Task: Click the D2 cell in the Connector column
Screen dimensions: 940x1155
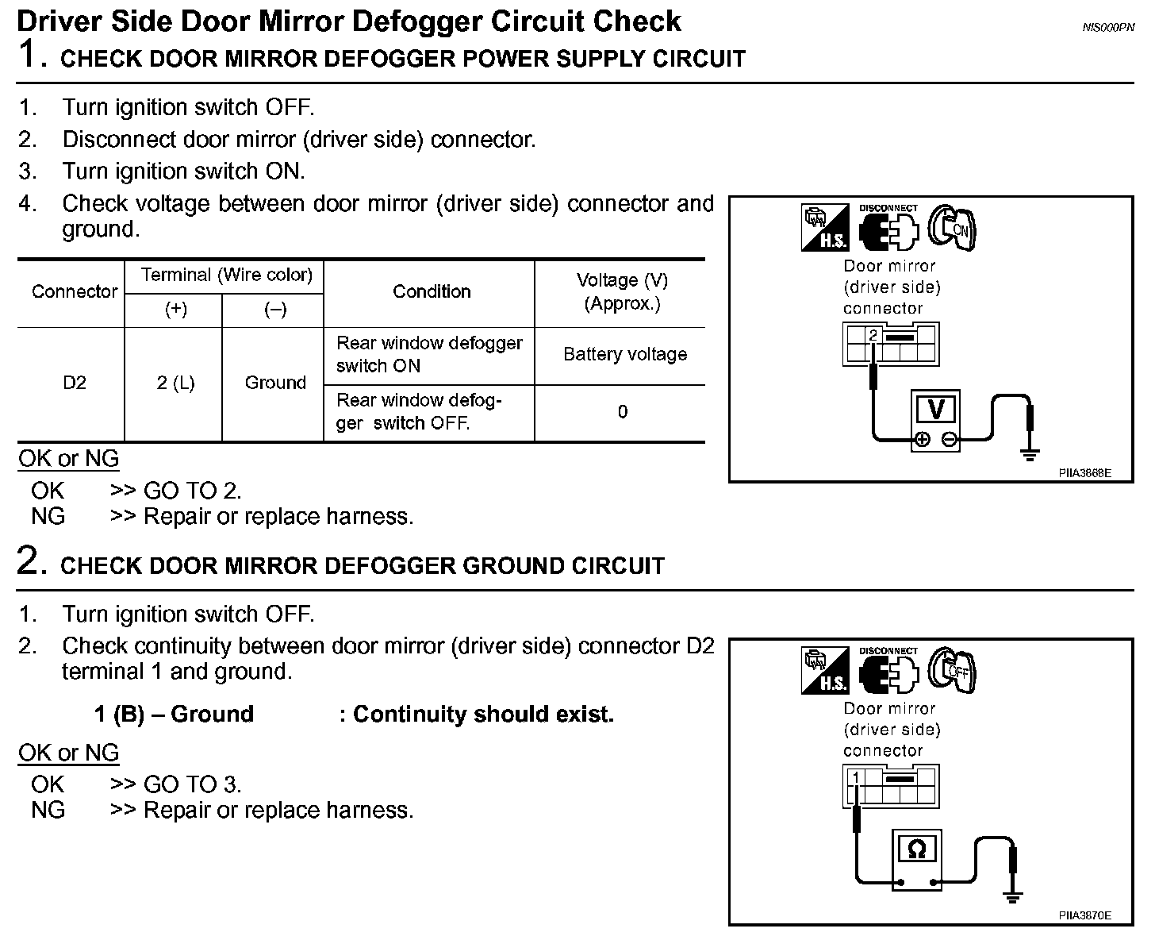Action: coord(74,383)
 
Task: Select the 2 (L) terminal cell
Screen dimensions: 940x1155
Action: coord(175,383)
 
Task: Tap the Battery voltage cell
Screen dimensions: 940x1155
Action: coord(624,354)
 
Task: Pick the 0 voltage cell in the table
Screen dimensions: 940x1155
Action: coord(623,412)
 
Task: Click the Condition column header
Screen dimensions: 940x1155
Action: coord(432,291)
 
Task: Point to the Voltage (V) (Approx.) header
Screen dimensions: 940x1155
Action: coord(622,291)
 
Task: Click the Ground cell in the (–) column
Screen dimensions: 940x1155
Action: coord(274,383)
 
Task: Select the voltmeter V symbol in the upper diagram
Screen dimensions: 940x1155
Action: coord(937,410)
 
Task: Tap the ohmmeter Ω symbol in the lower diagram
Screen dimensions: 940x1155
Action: coord(916,850)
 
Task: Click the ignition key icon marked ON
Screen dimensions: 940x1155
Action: coord(954,229)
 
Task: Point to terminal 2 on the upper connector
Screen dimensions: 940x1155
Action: coord(873,336)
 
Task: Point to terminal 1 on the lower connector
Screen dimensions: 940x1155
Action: coord(854,778)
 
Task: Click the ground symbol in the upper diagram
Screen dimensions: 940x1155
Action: coord(1030,455)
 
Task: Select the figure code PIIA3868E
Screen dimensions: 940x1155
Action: coord(1084,473)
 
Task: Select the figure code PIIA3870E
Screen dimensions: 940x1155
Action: coord(1084,915)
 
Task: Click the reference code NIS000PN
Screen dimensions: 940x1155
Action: coord(1108,28)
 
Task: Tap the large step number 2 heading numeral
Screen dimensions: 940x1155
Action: coord(29,561)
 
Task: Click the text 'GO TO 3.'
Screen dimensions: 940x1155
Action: coord(192,784)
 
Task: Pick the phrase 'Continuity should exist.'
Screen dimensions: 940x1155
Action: coord(483,715)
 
